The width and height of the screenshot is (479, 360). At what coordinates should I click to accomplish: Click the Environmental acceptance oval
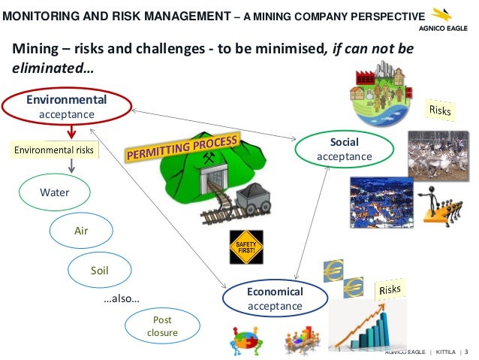pos(66,107)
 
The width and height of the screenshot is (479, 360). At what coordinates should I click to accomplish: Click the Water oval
pos(55,192)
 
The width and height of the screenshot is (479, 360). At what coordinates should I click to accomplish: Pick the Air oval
pos(81,231)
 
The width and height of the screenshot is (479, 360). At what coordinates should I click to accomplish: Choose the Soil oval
pos(100,268)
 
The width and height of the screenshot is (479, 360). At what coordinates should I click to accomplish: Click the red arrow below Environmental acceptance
pos(70,131)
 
